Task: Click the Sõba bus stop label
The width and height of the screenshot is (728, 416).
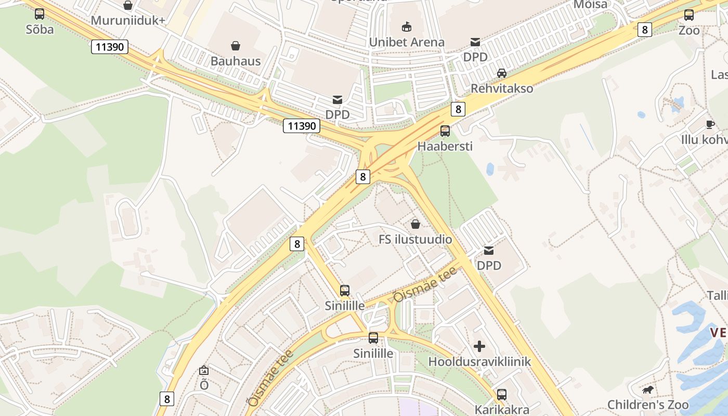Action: pos(40,29)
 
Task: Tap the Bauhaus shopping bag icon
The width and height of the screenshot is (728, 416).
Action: pos(236,46)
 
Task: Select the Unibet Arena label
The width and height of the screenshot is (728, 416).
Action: pos(407,42)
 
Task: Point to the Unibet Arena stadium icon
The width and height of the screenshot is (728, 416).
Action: pos(407,27)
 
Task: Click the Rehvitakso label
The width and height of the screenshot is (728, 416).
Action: pos(502,88)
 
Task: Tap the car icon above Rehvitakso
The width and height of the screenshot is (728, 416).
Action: pos(502,73)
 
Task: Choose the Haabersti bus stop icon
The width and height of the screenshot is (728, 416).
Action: pos(445,131)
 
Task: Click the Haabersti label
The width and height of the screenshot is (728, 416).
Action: pos(445,146)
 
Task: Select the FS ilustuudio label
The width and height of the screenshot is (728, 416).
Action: pos(415,240)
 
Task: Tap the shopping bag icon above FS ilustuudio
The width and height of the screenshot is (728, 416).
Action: pos(415,224)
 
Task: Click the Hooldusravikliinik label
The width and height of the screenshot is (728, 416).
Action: pos(479,361)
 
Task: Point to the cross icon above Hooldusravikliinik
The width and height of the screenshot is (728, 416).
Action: pos(479,346)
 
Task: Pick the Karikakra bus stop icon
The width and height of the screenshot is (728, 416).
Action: pos(502,395)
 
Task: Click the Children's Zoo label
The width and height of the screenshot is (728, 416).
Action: pos(648,405)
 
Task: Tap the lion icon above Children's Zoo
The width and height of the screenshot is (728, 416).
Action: pos(648,389)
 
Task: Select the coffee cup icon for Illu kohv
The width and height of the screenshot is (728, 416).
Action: pos(710,124)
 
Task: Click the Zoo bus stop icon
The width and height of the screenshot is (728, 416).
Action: pos(689,15)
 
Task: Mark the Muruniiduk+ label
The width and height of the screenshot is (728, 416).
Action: pos(128,21)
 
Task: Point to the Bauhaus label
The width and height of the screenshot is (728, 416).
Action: pos(236,61)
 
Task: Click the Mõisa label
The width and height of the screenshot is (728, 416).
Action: pos(590,5)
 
